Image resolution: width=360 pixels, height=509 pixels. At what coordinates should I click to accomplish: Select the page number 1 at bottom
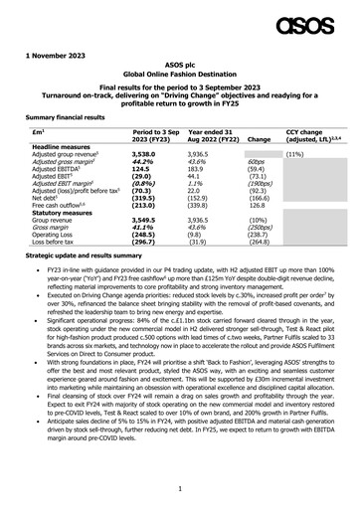pyautogui.click(x=180, y=489)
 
